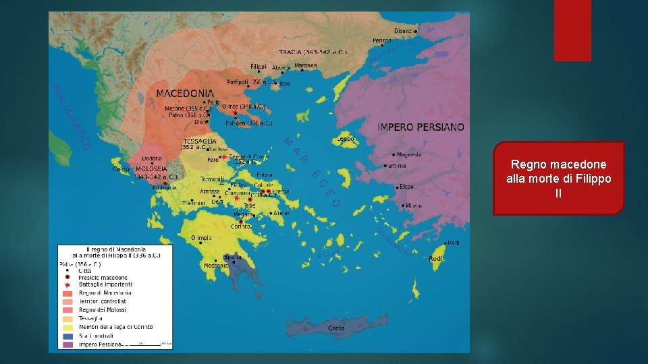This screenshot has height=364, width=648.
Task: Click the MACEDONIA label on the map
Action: point(185,93)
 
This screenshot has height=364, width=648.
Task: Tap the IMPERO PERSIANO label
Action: point(421,127)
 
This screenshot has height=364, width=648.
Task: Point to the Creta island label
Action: point(336,328)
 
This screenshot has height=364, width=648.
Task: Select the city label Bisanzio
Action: point(403,30)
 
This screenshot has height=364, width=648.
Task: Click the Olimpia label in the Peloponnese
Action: point(201,238)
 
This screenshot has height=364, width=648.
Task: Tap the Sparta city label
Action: point(233,257)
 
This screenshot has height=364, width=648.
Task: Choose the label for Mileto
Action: point(414,206)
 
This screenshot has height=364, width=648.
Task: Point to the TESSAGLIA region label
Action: point(199,142)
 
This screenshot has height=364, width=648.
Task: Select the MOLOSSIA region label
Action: point(152,169)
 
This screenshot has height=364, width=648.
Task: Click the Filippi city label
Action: point(259,67)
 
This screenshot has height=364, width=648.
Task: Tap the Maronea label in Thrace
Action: point(305,66)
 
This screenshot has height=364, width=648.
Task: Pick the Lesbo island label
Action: point(346,139)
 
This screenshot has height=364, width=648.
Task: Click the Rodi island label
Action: point(435,259)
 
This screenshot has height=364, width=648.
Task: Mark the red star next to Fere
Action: point(223,156)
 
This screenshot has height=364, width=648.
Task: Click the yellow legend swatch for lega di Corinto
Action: point(67,326)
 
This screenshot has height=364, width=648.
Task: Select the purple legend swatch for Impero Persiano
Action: point(67,344)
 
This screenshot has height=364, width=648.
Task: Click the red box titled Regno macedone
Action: point(558,178)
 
